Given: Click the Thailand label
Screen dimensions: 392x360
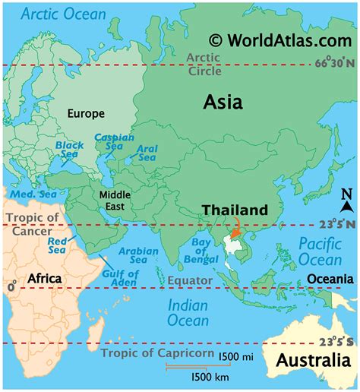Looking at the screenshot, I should (x=235, y=210).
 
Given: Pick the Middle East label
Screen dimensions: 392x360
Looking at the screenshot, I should (x=115, y=201).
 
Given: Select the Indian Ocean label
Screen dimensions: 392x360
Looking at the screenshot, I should (x=188, y=312).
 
